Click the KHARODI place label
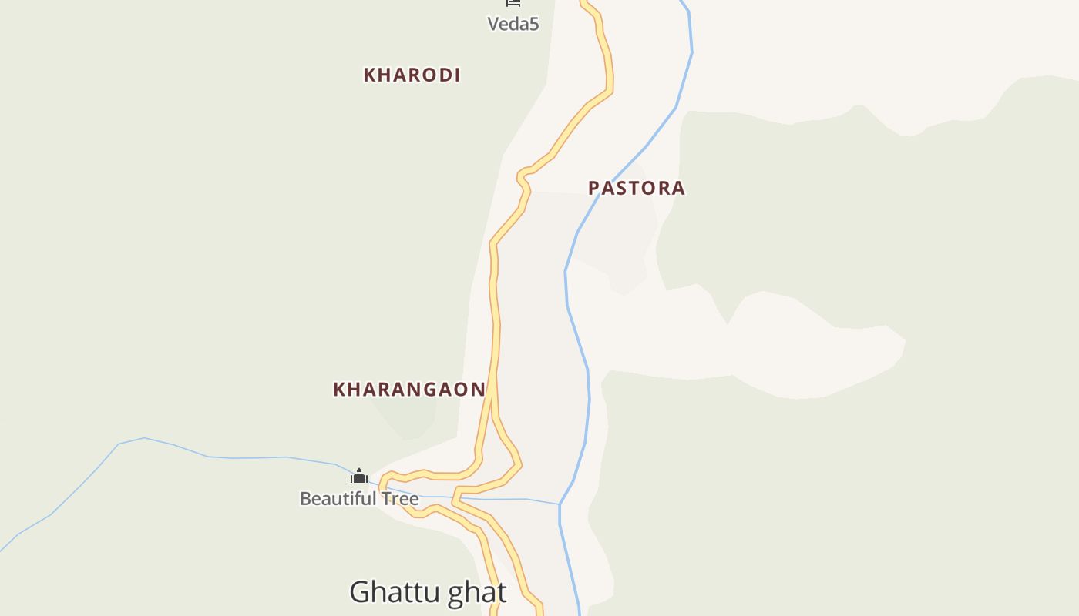(412, 75)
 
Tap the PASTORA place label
(636, 188)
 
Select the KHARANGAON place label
(409, 390)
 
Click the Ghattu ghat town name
(428, 592)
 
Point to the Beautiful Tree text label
(358, 499)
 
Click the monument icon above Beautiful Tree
(358, 476)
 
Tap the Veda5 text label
(513, 24)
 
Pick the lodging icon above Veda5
(513, 3)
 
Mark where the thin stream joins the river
(560, 504)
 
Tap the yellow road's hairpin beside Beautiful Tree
(382, 484)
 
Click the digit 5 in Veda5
(533, 24)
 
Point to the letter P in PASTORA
(594, 188)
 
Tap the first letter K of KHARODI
(369, 75)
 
